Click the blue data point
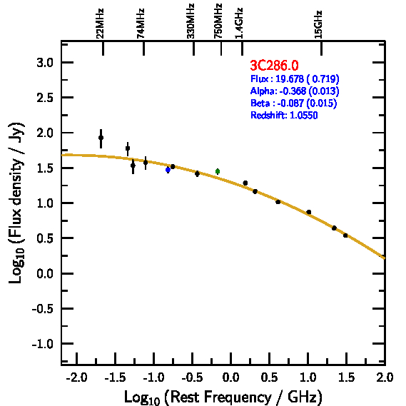168,170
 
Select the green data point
218,171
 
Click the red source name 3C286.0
274,65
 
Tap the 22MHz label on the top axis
100,24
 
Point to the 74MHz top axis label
140,24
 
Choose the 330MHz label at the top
191,21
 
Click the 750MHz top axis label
218,21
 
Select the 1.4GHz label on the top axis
239,23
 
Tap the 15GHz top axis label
318,24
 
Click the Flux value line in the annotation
295,78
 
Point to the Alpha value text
295,91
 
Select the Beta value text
294,103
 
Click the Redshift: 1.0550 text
284,115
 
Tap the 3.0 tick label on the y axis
45,63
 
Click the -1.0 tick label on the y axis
43,344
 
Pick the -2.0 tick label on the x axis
76,377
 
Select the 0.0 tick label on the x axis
230,377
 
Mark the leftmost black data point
101,138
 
